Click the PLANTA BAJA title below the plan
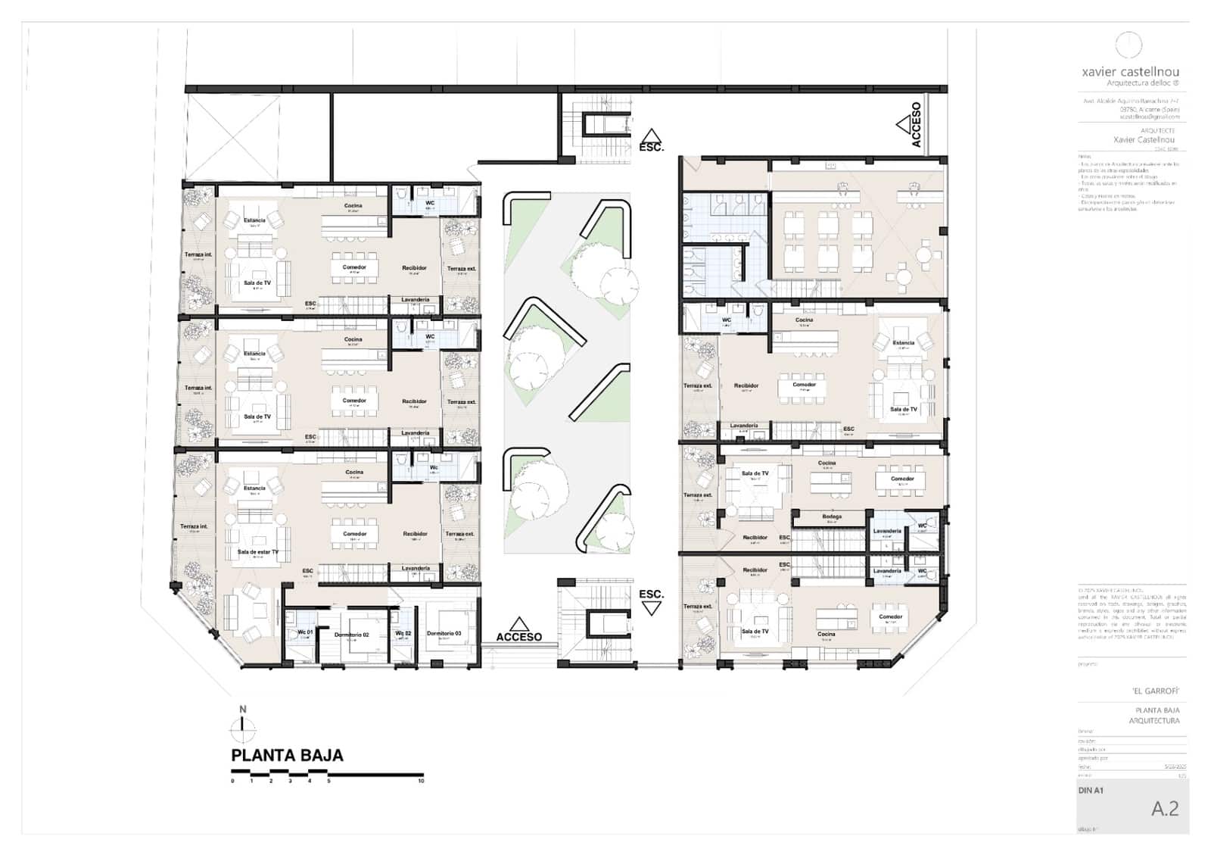pyautogui.click(x=287, y=755)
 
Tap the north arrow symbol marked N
pyautogui.click(x=243, y=726)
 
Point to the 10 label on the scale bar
pyautogui.click(x=422, y=781)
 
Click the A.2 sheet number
pyautogui.click(x=1165, y=809)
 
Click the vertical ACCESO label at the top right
pyautogui.click(x=917, y=124)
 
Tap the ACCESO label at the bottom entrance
pyautogui.click(x=518, y=637)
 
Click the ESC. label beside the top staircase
pyautogui.click(x=651, y=147)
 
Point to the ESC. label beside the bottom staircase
pyautogui.click(x=651, y=594)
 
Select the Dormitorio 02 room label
pyautogui.click(x=351, y=635)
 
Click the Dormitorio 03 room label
pyautogui.click(x=444, y=633)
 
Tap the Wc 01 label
pyautogui.click(x=304, y=632)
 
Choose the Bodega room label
pyautogui.click(x=831, y=516)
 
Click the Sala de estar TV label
pyautogui.click(x=257, y=552)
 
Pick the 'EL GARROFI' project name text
pyautogui.click(x=1156, y=691)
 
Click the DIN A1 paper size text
pyautogui.click(x=1091, y=791)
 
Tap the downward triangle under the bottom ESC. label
pyautogui.click(x=651, y=609)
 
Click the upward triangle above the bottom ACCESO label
pyautogui.click(x=518, y=624)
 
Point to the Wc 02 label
pyautogui.click(x=403, y=633)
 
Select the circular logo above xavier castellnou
pyautogui.click(x=1129, y=45)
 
